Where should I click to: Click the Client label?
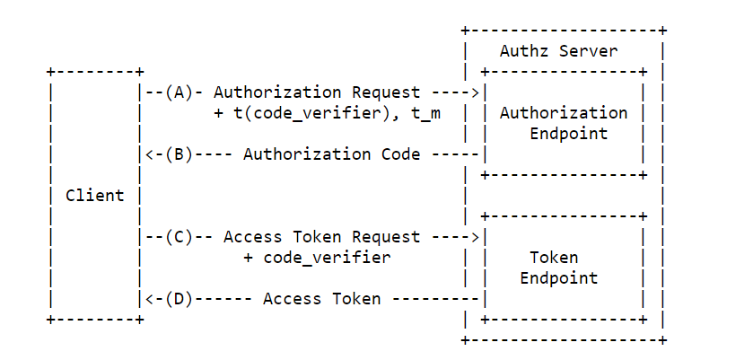pos(94,195)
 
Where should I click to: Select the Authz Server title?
pos(558,51)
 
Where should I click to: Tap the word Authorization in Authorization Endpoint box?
pos(564,113)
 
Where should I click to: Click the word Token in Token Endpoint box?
pos(554,258)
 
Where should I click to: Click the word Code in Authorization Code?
pos(399,154)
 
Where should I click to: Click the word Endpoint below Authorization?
pos(564,134)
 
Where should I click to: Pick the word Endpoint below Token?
pos(558,278)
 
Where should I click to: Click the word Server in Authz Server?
pos(588,51)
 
